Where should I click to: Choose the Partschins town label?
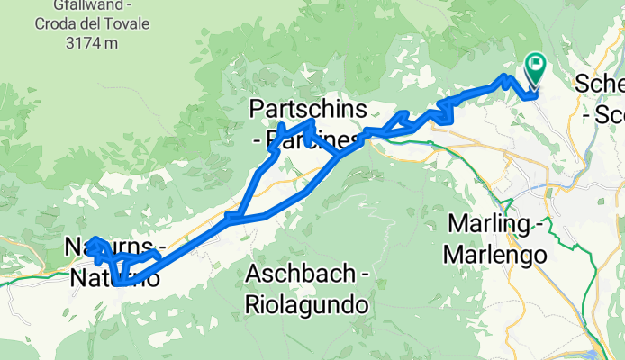(x=308, y=110)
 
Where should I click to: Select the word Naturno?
(x=114, y=278)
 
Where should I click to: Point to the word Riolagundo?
(x=307, y=305)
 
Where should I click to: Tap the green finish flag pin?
(x=535, y=66)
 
